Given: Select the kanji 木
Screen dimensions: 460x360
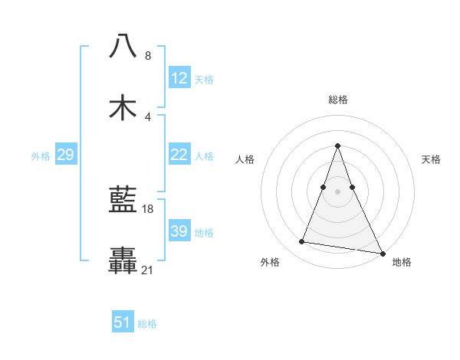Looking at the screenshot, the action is click(x=123, y=108).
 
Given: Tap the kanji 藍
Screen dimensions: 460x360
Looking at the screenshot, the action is click(x=123, y=201).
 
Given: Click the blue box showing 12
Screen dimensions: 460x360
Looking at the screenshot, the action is click(x=179, y=78).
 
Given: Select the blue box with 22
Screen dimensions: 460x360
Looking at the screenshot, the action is click(x=179, y=155).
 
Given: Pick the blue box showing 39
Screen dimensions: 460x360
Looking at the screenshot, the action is click(x=179, y=231).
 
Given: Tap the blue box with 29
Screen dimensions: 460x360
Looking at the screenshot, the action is click(x=65, y=155).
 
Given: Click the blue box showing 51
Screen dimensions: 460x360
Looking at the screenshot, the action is click(x=123, y=322).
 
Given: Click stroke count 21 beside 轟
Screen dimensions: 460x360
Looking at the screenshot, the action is click(x=148, y=270).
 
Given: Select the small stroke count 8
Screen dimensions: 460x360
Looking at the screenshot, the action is click(x=148, y=56).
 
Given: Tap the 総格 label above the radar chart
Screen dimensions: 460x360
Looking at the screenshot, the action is click(x=338, y=100).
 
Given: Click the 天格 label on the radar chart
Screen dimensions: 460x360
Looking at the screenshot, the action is click(x=431, y=159).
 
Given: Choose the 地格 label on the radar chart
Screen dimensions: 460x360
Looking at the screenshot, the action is click(x=402, y=263).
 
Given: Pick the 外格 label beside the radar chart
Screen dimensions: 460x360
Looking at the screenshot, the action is click(x=270, y=263).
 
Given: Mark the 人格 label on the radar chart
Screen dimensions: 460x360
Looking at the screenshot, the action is click(x=245, y=159).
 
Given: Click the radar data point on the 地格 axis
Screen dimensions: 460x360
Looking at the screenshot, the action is click(x=382, y=254).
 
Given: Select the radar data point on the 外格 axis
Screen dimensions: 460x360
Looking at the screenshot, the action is click(x=302, y=242).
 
